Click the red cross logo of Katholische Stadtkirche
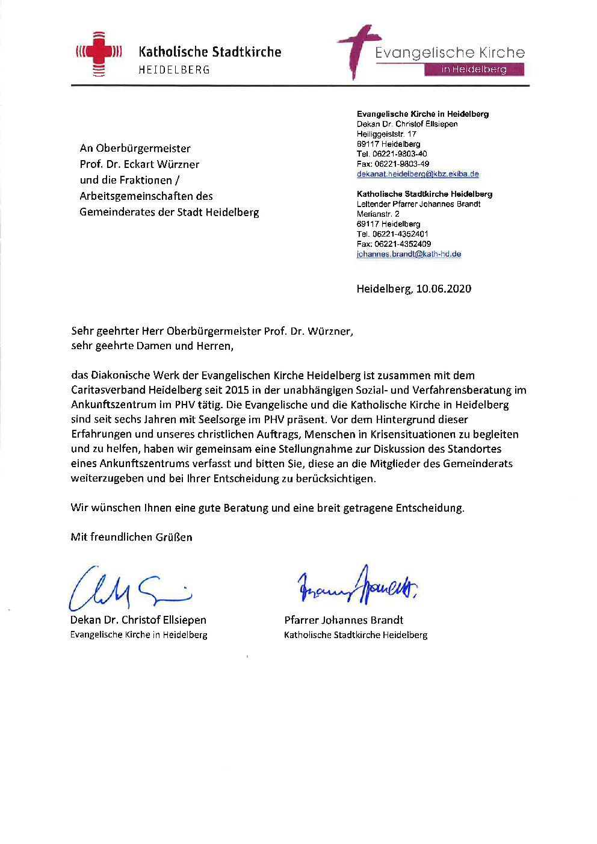coord(99,54)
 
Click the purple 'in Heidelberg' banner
coord(474,70)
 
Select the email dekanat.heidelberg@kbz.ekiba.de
coord(418,174)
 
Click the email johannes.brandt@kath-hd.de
coord(409,254)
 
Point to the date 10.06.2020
coord(444,289)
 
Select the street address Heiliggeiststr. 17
coord(386,134)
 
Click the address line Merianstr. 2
coord(378,214)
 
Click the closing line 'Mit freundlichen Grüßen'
coord(131,537)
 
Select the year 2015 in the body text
coord(237,390)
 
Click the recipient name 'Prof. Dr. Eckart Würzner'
coord(139,164)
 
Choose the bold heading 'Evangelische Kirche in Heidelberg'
coord(422,114)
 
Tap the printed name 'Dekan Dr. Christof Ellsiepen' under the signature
coord(138,620)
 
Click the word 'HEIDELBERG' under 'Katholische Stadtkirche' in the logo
coord(174,70)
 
